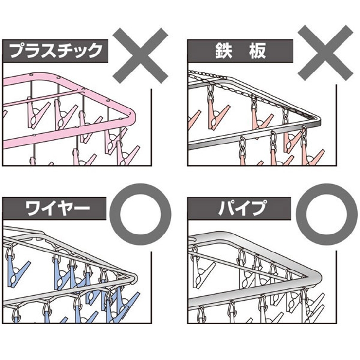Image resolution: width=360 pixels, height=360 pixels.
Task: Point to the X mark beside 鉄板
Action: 325,54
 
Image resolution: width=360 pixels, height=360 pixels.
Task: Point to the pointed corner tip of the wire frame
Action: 132,278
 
